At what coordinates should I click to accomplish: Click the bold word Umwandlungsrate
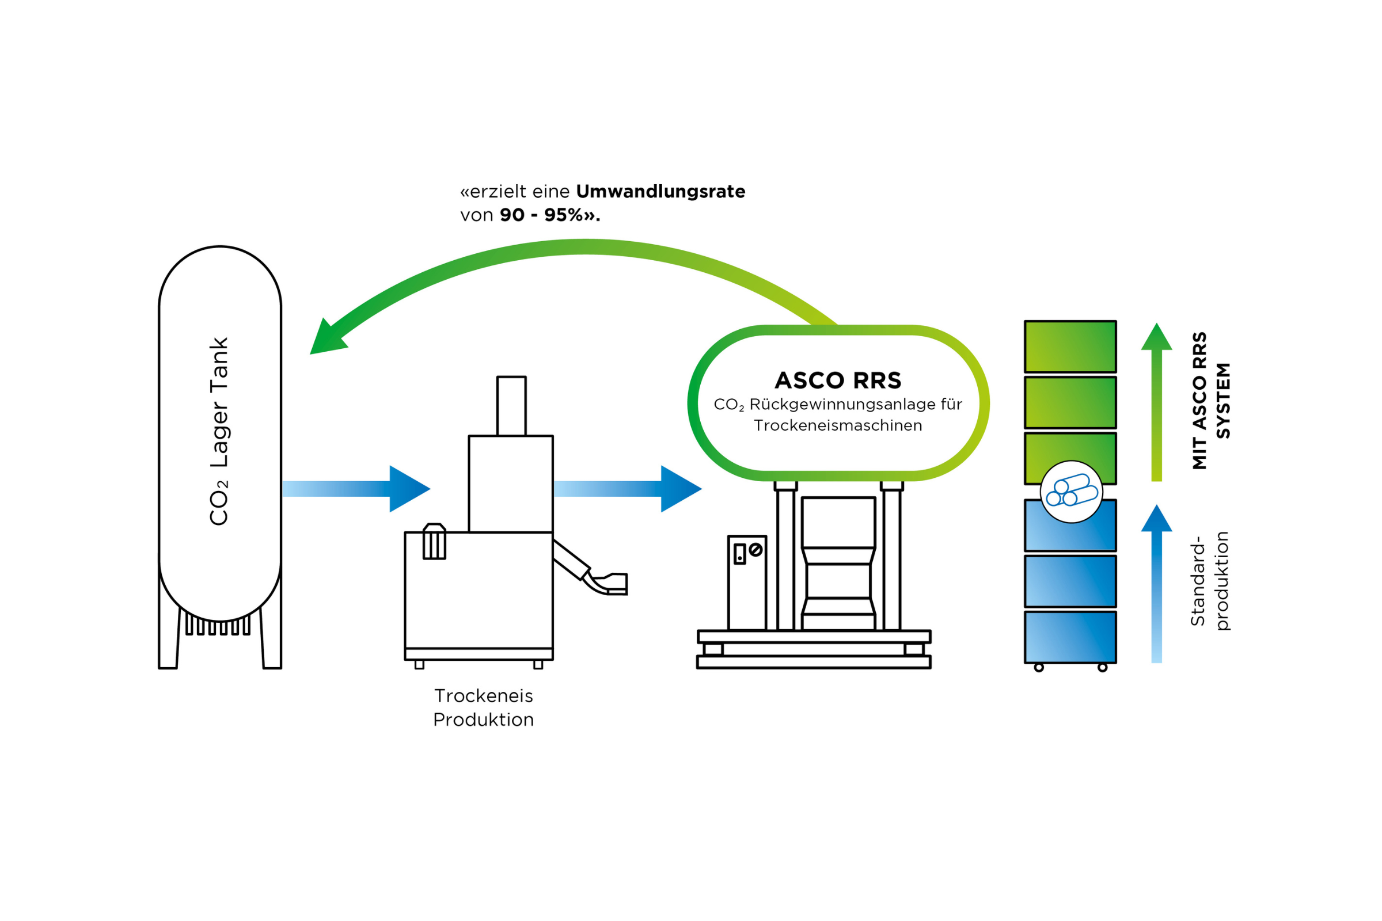[660, 192]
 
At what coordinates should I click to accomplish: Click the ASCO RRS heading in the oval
[838, 380]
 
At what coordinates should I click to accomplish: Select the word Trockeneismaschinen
[838, 426]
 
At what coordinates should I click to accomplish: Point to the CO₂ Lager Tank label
[219, 431]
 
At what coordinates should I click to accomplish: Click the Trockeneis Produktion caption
[484, 708]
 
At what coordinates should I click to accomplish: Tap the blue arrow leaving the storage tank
[356, 489]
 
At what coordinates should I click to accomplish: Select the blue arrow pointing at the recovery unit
[628, 489]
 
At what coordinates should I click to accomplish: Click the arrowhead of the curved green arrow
[326, 339]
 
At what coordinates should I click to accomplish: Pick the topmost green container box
[1070, 347]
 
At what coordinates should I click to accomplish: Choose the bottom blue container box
[1070, 637]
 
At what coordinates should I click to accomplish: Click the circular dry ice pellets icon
[1071, 492]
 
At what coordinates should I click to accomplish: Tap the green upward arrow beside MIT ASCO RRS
[1156, 402]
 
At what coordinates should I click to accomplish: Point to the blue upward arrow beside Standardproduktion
[1156, 584]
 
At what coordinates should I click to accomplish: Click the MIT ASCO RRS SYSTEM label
[1210, 401]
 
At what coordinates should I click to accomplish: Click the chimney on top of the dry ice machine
[511, 406]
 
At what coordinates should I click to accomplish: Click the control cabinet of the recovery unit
[747, 583]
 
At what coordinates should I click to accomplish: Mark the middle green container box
[1070, 402]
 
